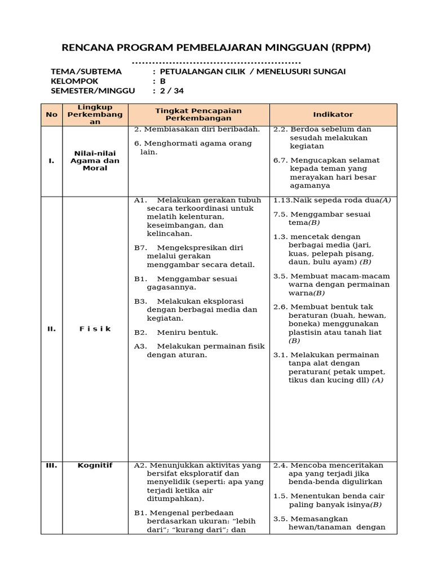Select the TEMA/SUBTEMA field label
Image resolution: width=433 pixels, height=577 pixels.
tap(86, 72)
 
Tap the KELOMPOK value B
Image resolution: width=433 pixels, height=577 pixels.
tap(163, 81)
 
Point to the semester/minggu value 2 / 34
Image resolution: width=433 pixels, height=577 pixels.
tap(172, 91)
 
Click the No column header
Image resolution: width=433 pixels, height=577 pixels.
tap(52, 114)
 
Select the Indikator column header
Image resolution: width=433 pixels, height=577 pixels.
tap(333, 114)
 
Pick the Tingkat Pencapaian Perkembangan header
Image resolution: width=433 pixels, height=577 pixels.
tap(198, 114)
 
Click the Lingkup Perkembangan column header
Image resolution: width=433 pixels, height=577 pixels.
tap(95, 114)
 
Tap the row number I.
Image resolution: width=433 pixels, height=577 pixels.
tap(52, 161)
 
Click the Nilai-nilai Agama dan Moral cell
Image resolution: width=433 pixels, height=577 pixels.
tap(95, 161)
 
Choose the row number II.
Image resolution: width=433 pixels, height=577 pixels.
tap(52, 329)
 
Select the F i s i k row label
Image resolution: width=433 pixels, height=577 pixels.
tap(95, 329)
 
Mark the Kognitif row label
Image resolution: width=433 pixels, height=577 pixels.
tap(95, 465)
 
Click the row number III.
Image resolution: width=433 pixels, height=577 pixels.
tap(52, 465)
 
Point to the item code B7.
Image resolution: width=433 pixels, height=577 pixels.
tap(140, 248)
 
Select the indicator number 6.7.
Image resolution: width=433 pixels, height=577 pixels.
tap(280, 161)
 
